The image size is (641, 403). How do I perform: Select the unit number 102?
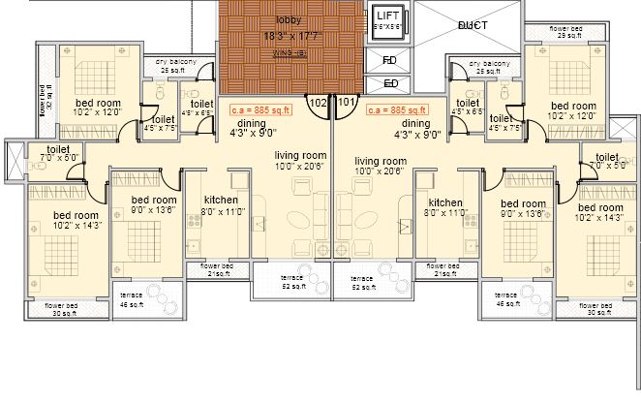pos(318,101)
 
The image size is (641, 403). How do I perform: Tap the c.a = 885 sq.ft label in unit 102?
pos(260,110)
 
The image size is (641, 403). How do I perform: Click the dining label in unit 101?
pos(415,124)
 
